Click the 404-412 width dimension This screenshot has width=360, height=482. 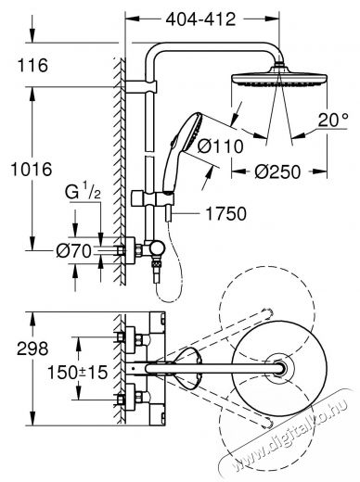(200, 19)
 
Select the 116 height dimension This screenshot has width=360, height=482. (32, 65)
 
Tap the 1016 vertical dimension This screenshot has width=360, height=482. (32, 170)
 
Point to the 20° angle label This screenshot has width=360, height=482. (333, 120)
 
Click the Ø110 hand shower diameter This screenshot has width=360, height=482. (220, 146)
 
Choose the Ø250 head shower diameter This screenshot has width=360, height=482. (277, 171)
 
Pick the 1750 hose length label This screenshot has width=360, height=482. (226, 213)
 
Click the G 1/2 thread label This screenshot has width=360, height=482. (83, 193)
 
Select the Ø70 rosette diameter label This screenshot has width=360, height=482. (73, 250)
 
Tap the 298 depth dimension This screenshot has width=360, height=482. (32, 349)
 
